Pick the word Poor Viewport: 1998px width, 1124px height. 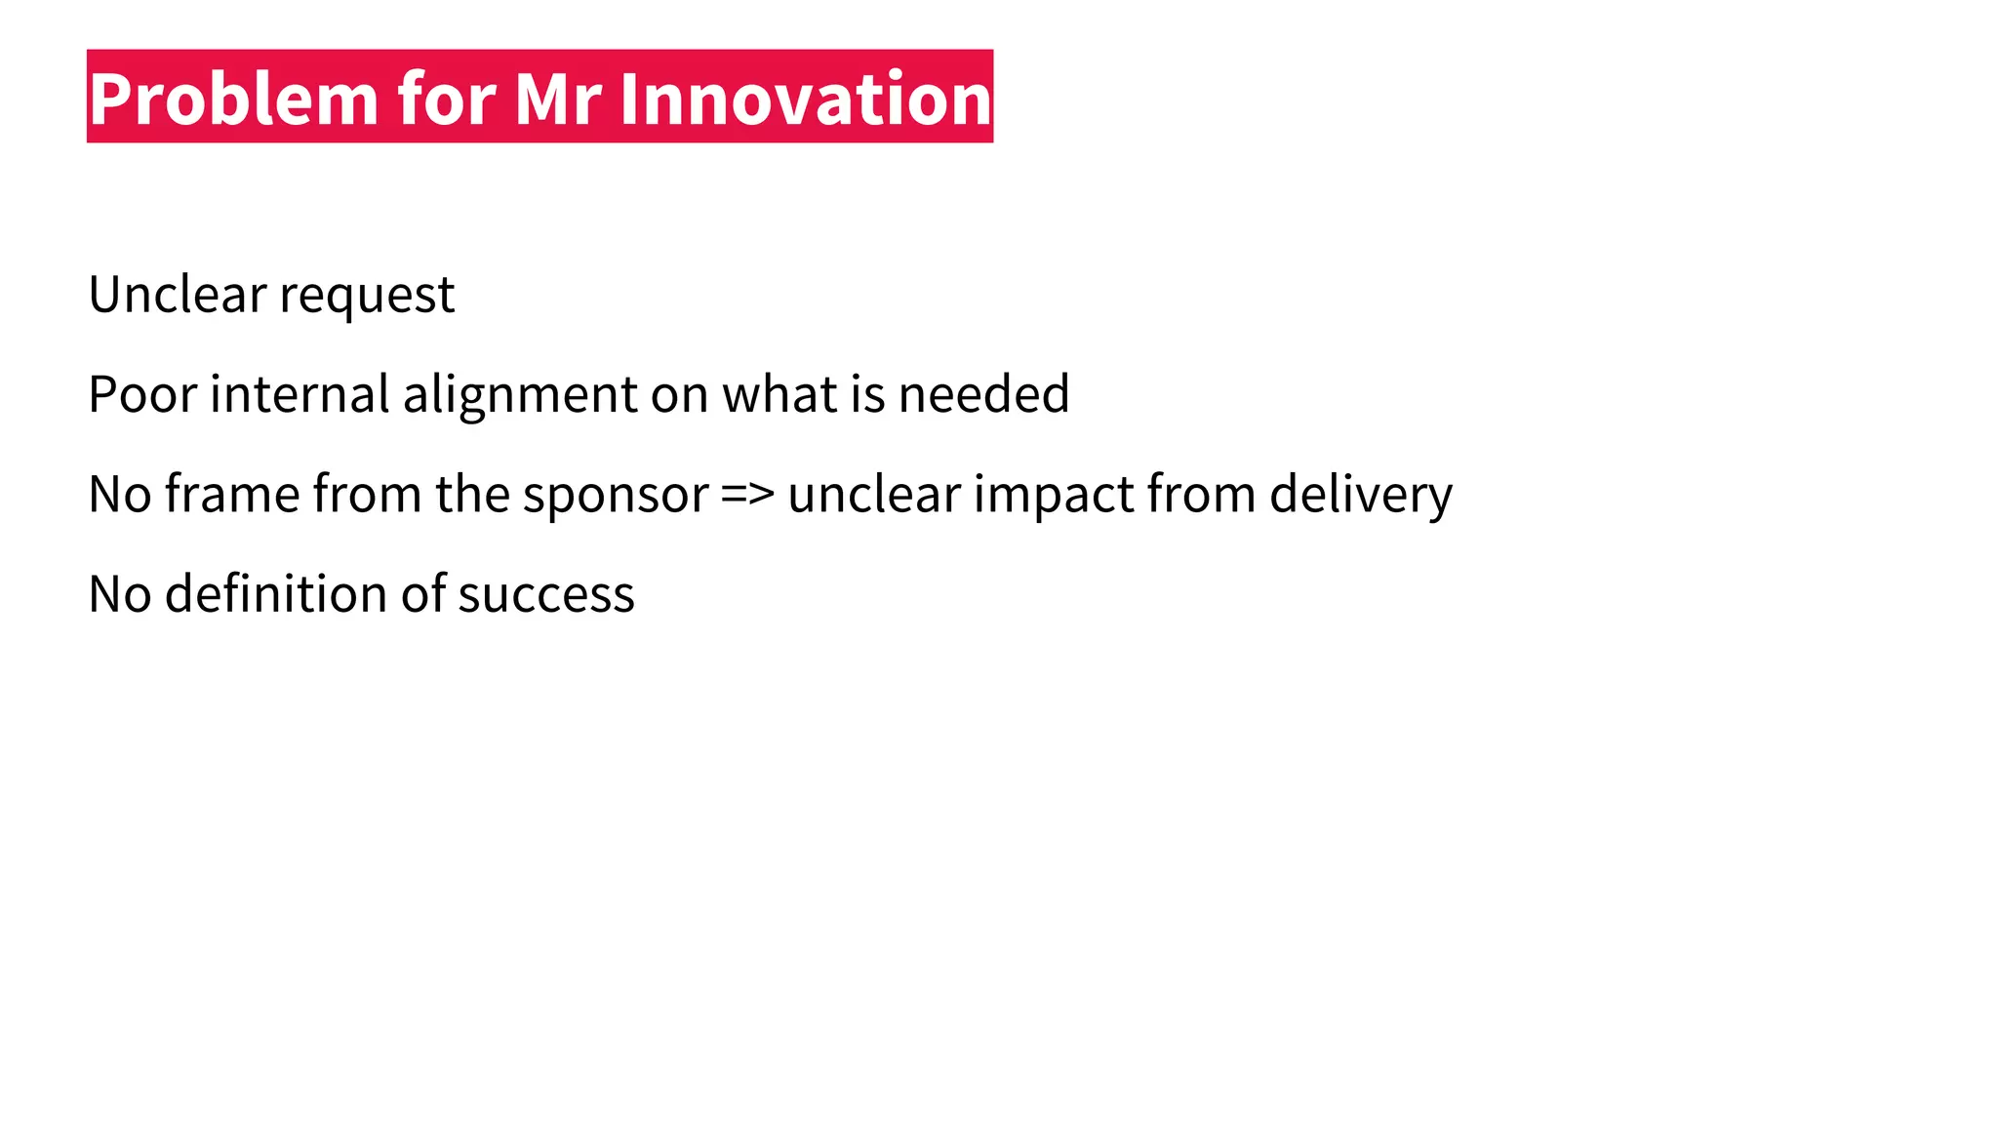(x=142, y=394)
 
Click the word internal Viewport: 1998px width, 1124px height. (x=300, y=394)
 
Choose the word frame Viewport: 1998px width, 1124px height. (x=232, y=494)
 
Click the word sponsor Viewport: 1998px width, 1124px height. (x=616, y=496)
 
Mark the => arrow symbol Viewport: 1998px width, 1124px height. (x=748, y=495)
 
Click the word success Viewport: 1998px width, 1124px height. (x=546, y=595)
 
